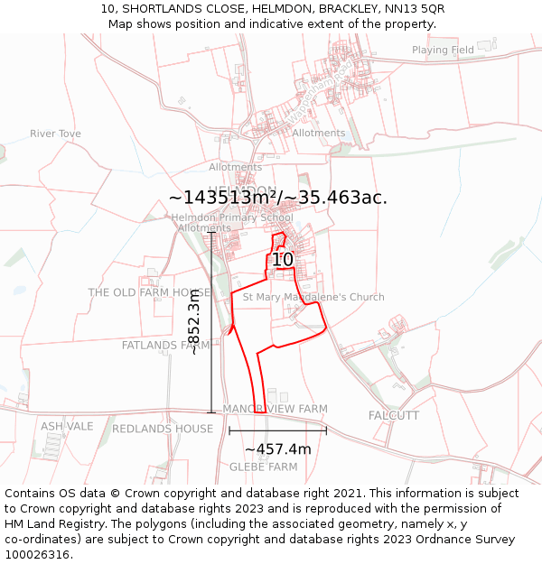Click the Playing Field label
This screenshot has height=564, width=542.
pos(443,51)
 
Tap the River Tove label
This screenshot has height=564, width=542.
pos(55,134)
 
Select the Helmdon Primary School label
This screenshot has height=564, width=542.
pos(232,217)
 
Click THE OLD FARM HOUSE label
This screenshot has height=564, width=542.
pos(149,292)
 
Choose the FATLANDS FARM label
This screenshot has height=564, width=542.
pos(166,345)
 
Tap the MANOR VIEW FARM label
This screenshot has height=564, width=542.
pos(275,409)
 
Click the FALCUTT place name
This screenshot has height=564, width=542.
pos(394,415)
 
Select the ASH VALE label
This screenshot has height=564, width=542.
pos(67,426)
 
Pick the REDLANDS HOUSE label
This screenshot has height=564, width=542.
pos(163,429)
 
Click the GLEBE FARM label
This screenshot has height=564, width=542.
pos(263,467)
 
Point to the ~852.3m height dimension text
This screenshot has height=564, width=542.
pos(194,329)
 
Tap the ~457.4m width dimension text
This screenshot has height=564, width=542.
pos(277,449)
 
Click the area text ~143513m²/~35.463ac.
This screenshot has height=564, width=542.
pos(278,198)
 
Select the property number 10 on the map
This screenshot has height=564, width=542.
pos(283,260)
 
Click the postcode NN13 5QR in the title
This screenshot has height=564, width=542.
pos(413,9)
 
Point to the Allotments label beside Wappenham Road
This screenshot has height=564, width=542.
pos(319,133)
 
